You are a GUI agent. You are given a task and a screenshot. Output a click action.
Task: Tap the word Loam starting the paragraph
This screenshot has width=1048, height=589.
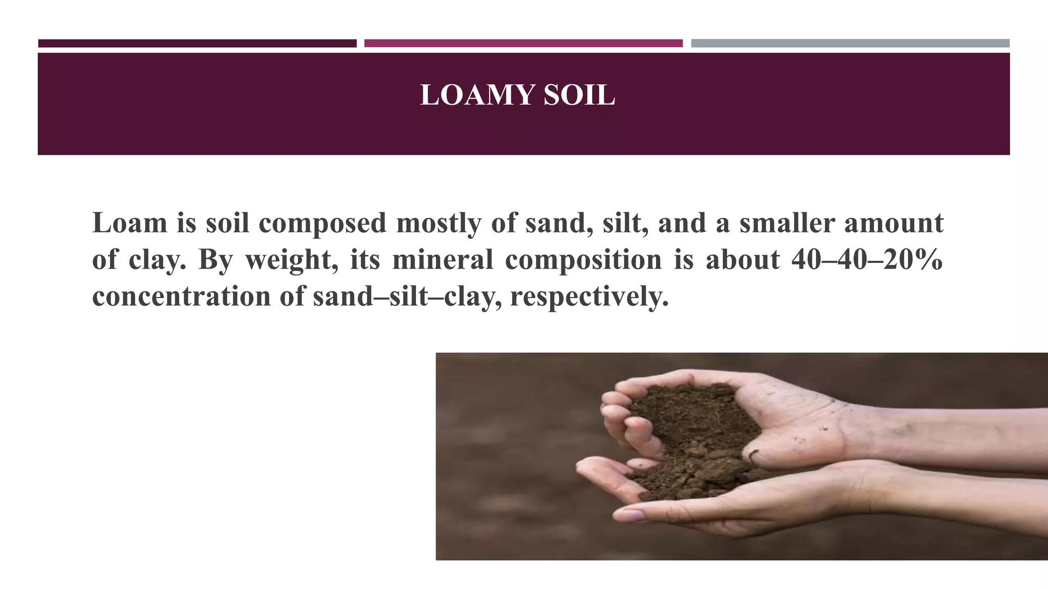tap(129, 223)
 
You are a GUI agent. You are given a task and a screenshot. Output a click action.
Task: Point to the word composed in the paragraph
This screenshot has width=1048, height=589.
tap(322, 224)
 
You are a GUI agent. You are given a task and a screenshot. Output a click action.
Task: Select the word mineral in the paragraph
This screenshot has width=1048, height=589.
tap(443, 259)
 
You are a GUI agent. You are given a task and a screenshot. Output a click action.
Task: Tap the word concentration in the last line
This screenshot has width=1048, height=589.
tap(181, 297)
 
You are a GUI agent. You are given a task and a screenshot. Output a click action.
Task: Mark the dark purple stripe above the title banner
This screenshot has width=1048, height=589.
tap(197, 43)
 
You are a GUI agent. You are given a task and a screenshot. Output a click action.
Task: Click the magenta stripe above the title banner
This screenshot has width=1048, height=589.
tap(523, 43)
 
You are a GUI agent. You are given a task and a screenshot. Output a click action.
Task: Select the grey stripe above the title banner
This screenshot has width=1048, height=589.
tap(850, 43)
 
